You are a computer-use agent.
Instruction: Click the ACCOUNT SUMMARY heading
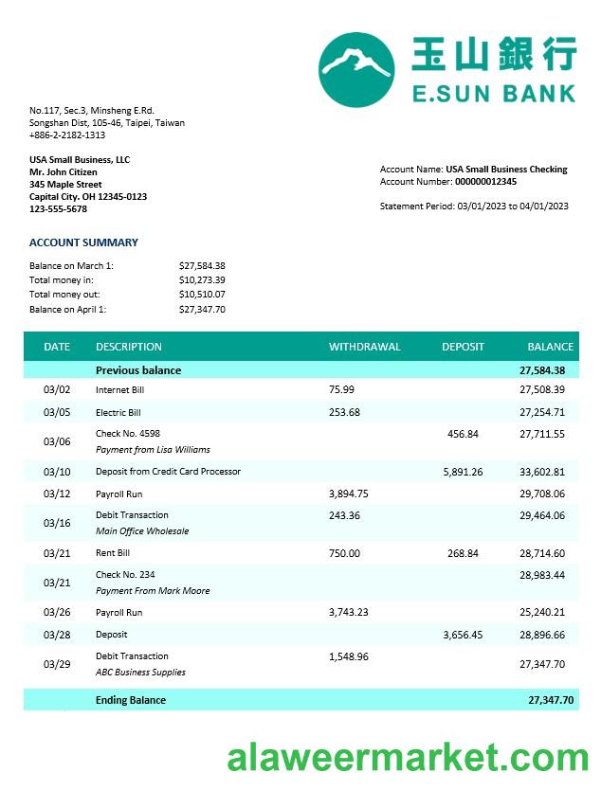pos(83,242)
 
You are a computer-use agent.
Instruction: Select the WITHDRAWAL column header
pos(364,347)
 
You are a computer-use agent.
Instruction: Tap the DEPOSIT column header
pos(463,347)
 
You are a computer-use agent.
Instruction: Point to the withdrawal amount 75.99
pos(341,389)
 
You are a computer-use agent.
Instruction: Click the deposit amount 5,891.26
pos(463,472)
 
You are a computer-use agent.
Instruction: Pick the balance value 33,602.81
pos(542,472)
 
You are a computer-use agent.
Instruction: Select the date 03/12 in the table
pos(57,494)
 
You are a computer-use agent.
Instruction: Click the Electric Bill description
pos(118,413)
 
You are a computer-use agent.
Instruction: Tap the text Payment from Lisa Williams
pos(153,450)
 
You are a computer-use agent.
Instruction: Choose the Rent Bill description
pos(113,553)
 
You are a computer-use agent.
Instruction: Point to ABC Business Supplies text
pos(140,673)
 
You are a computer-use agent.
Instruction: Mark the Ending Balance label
pos(131,700)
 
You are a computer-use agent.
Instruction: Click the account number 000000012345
pos(485,182)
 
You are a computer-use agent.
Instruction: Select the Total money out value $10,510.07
pos(202,295)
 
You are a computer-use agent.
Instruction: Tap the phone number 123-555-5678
pos(58,209)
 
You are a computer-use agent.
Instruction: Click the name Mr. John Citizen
pos(64,172)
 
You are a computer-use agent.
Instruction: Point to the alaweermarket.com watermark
pos(408,758)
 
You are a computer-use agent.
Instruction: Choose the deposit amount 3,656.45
pos(463,635)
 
